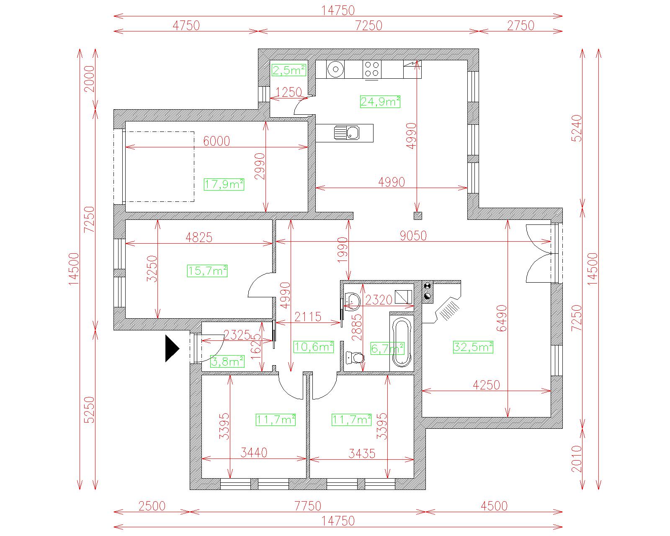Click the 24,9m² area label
pos(380,101)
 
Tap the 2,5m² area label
pos(289,70)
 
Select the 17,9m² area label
pos(224,184)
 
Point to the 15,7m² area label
pos(207,271)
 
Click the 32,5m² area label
pos(473,347)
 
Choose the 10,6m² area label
pos(314,347)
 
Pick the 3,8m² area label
pos(227,361)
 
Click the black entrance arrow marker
pos(172,348)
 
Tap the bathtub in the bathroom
pos(402,342)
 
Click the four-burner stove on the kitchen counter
pos(372,69)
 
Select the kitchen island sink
pos(347,133)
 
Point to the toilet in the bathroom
pos(355,358)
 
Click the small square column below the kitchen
pos(417,216)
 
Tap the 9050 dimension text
pos(413,236)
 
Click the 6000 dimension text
pos(216,141)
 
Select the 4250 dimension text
pos(486,385)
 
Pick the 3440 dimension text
pos(254,453)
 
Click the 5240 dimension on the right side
pos(577,128)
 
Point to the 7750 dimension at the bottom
pos(308,506)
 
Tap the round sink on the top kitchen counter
pos(335,69)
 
